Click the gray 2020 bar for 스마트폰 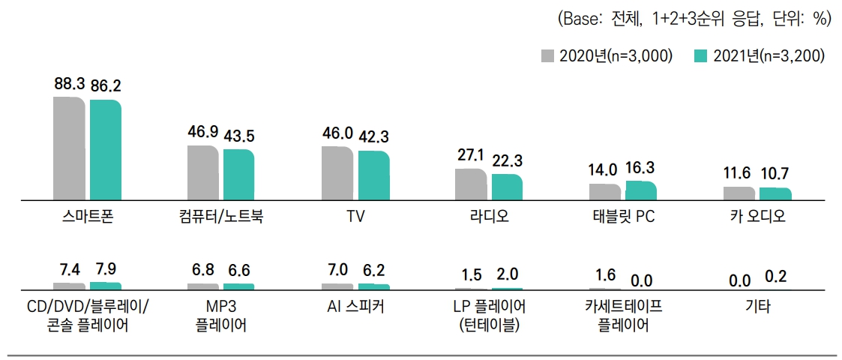[x=69, y=148]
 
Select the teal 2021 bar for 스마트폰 [x=105, y=150]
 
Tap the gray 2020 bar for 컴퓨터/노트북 [x=202, y=173]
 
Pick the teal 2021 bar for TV [x=373, y=175]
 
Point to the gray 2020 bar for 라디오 [x=470, y=184]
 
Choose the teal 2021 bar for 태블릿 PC [x=640, y=190]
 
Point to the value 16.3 [x=641, y=168]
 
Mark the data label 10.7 [x=774, y=174]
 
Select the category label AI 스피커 [x=356, y=307]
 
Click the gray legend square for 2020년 [x=548, y=55]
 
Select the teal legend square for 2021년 [x=701, y=55]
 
